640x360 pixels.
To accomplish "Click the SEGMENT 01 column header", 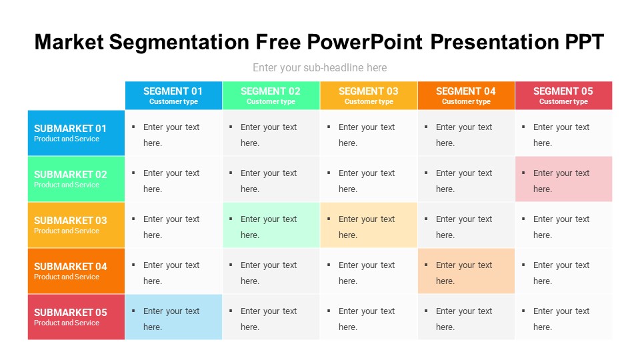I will coord(173,95).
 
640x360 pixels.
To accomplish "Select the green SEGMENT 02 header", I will coord(271,95).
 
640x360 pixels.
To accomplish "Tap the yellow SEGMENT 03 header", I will coord(369,95).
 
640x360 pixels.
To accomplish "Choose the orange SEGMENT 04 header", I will coord(466,95).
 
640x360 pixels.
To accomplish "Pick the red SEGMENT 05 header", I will coord(563,95).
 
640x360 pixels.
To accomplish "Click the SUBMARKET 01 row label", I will coord(76,133).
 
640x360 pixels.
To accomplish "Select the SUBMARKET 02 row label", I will coord(76,179).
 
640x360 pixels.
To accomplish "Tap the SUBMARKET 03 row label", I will coord(76,225).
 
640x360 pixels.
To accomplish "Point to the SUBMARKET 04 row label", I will coord(76,271).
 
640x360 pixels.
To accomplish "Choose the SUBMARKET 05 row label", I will coord(76,317).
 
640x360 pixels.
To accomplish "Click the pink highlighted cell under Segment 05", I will coord(563,179).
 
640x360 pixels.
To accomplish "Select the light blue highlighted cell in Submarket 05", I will coord(173,317).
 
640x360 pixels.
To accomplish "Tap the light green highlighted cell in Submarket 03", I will coord(271,225).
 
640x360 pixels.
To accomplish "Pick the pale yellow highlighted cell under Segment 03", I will coord(369,225).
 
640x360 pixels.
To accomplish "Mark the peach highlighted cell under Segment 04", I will coord(466,271).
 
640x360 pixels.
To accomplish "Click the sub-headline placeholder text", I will coord(319,67).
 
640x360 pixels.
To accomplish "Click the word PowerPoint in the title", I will coord(365,42).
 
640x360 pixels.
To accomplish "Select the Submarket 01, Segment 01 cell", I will coord(173,133).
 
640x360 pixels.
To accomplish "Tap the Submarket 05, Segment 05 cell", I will coord(563,317).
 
